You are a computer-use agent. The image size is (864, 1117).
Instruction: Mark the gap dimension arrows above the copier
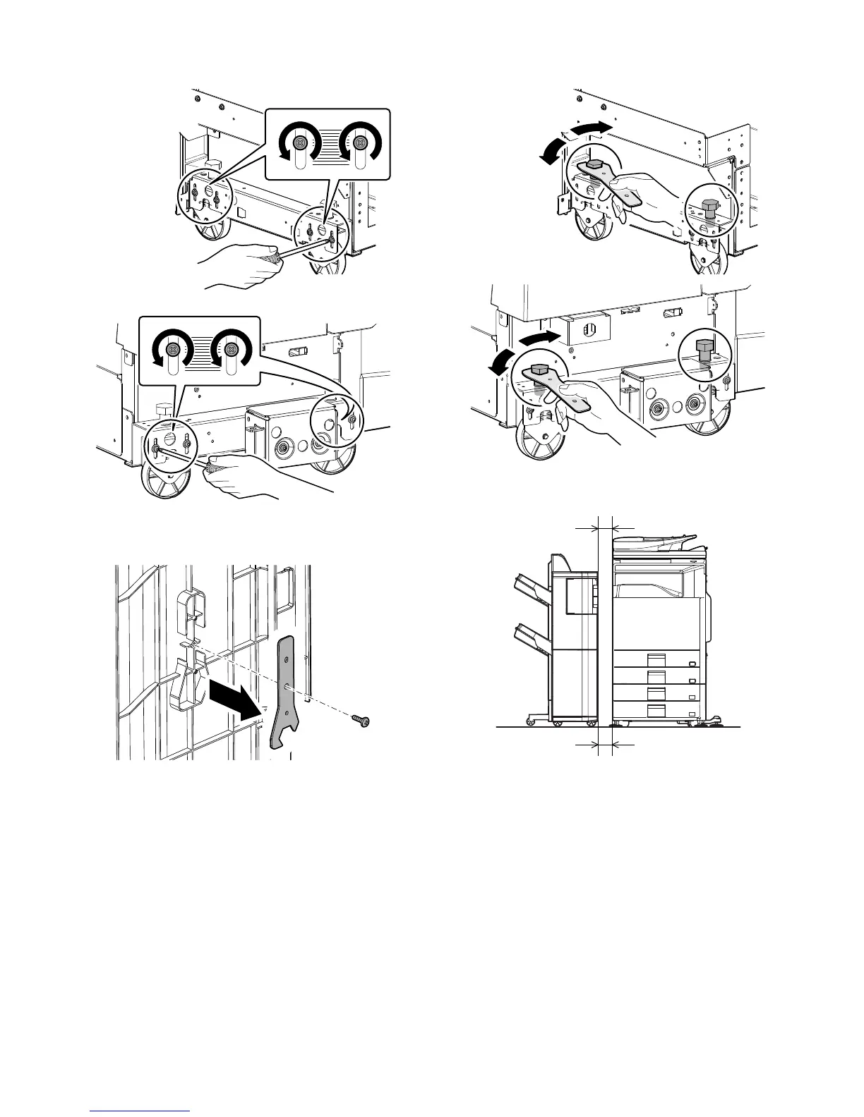click(606, 527)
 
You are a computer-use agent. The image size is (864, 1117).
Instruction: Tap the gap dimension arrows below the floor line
click(606, 744)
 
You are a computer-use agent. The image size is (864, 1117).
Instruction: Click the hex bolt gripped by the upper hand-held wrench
click(594, 166)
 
